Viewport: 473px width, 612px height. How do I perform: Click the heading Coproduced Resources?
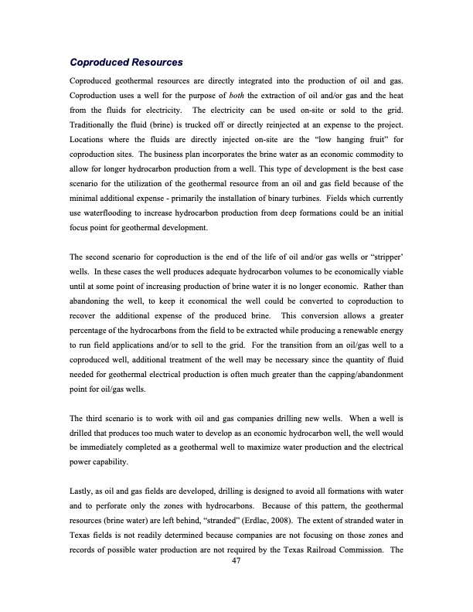point(125,62)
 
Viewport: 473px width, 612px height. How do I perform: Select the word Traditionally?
point(96,124)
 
